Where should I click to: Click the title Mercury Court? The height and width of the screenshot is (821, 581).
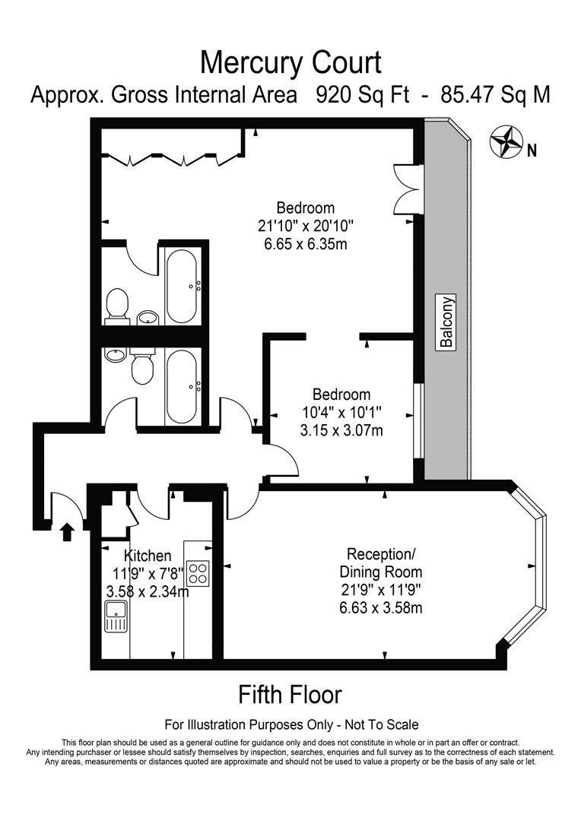290,60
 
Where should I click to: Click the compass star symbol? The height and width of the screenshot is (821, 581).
505,141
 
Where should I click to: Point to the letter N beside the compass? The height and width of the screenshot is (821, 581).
532,151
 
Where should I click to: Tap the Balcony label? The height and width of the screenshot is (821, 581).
446,322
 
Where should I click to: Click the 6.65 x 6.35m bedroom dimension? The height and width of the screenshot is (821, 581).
305,244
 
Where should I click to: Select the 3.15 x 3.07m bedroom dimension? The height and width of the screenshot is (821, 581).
341,431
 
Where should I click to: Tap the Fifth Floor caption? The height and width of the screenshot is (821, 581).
290,694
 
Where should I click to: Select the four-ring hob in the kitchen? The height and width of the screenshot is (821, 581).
197,572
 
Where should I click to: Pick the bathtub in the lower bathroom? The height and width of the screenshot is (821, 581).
183,385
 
